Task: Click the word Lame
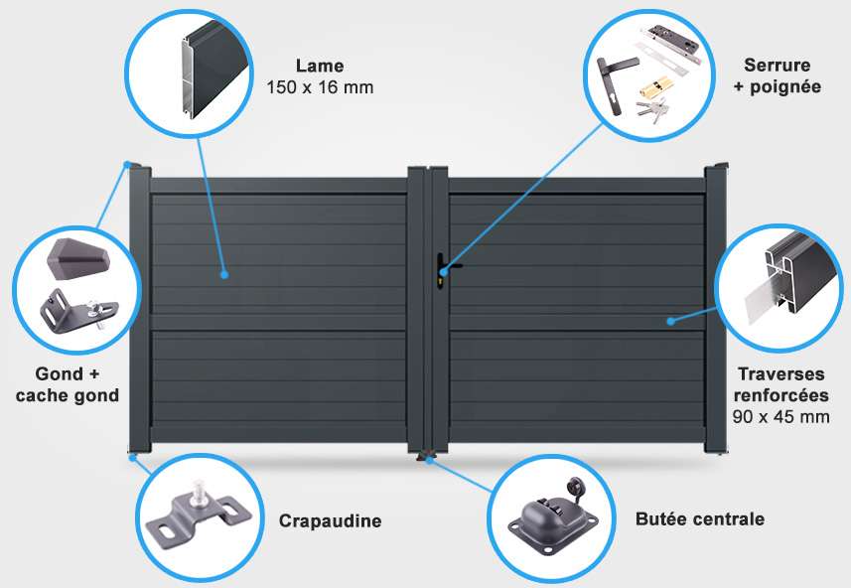coord(320,66)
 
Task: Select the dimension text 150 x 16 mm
coord(320,87)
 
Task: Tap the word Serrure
coord(778,66)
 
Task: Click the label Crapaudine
coord(330,520)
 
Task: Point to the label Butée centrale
coord(700,519)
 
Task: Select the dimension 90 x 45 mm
coord(780,417)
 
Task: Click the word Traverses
coord(780,374)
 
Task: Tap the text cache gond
coord(68,395)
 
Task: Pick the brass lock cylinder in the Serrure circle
coord(655,86)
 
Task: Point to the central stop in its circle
coord(552,516)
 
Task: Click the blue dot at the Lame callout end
coord(224,275)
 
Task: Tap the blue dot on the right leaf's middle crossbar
coord(671,321)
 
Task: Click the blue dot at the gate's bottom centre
coord(429,460)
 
